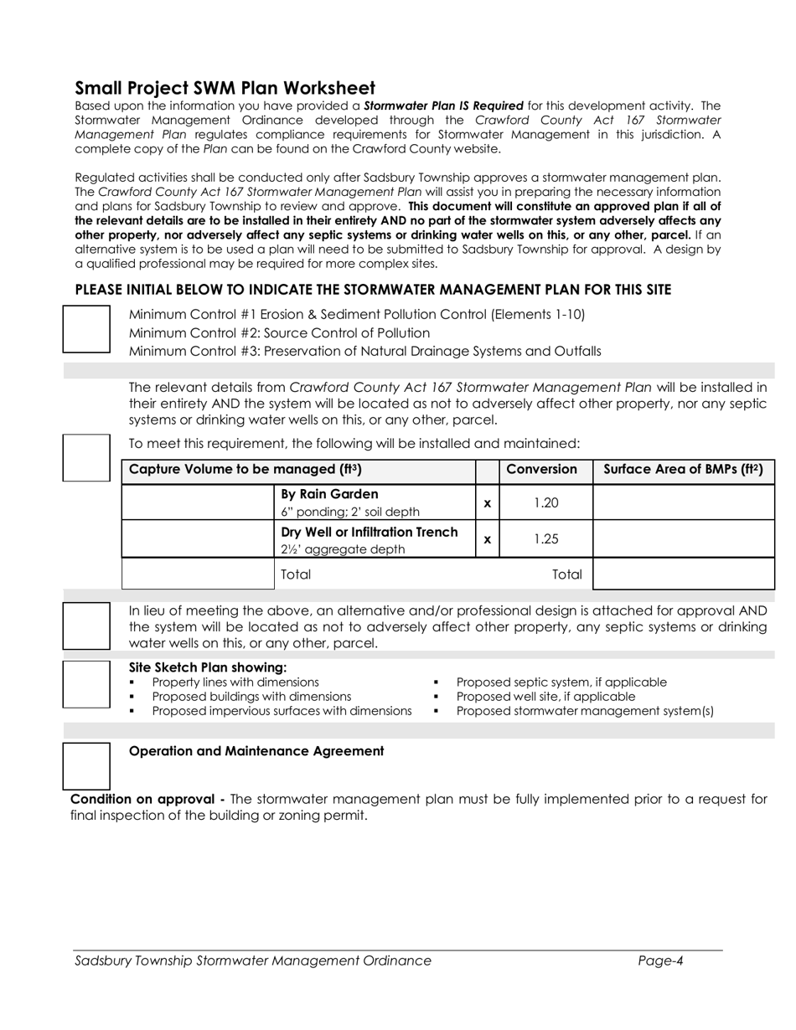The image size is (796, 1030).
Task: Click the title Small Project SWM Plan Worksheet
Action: point(225,88)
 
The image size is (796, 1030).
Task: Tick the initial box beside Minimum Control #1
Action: point(87,329)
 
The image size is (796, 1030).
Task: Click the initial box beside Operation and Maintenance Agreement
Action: point(87,765)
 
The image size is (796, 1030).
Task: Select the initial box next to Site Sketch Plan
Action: point(87,684)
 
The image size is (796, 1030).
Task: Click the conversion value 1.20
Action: point(545,502)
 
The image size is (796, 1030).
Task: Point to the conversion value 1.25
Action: point(545,539)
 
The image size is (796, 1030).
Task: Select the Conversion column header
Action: point(541,470)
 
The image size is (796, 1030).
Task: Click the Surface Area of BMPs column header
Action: point(683,470)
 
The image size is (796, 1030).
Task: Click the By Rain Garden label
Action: point(329,494)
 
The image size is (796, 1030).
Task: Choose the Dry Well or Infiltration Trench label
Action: point(370,532)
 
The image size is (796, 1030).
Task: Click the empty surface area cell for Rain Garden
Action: point(683,502)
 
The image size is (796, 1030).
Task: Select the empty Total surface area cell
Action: point(683,574)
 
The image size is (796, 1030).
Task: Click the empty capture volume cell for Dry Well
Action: point(198,539)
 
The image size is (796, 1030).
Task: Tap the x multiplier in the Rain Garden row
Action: point(487,503)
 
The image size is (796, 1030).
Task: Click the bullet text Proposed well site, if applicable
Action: point(545,696)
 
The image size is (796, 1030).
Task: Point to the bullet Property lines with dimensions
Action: point(235,682)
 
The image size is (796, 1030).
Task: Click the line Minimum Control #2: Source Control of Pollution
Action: point(279,332)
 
